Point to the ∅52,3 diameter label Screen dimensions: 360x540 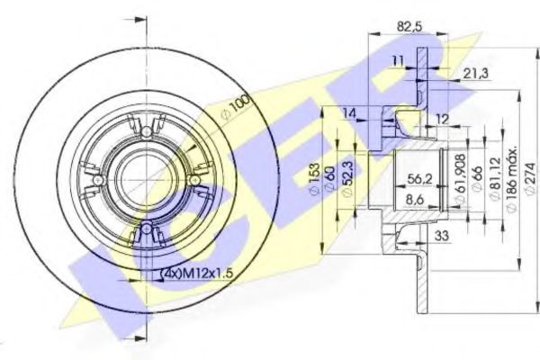[x=349, y=185]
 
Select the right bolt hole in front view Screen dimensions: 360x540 [x=193, y=181]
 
